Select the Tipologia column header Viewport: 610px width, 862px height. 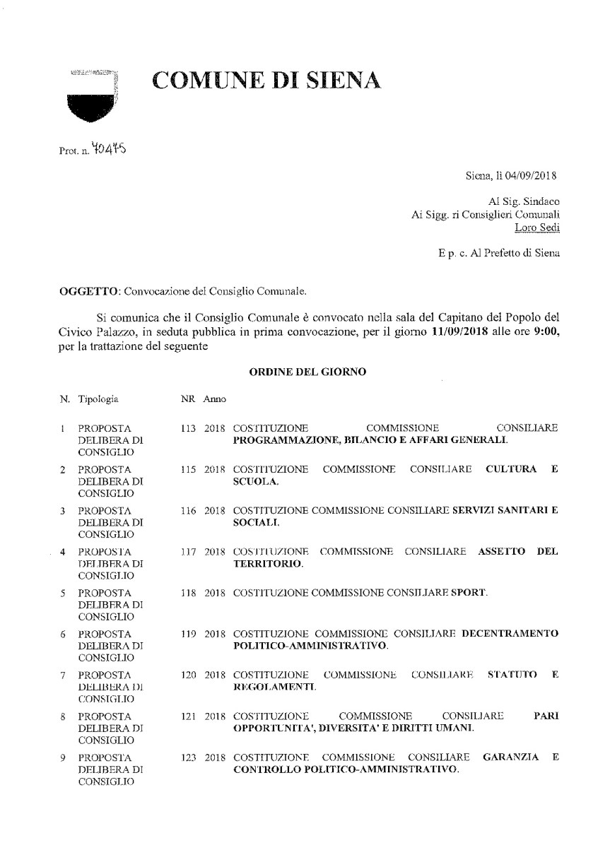tap(98, 399)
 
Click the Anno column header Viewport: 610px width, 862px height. tap(215, 399)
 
